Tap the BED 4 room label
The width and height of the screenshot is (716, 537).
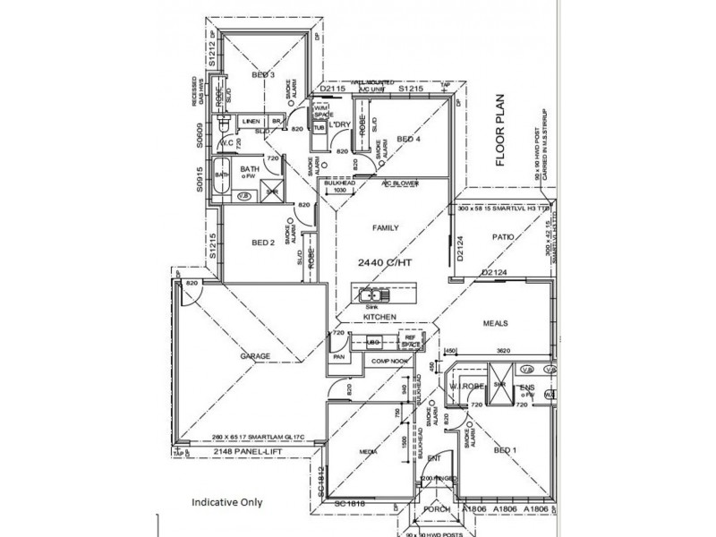[x=407, y=139]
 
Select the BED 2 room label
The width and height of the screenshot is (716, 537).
[x=262, y=243]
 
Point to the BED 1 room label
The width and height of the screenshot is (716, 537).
[x=506, y=453]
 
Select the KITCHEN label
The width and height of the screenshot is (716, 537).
[x=379, y=318]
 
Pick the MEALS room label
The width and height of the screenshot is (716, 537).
[x=496, y=324]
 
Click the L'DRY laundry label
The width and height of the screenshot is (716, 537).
[x=338, y=124]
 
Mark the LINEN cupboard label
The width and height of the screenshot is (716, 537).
[x=251, y=121]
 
